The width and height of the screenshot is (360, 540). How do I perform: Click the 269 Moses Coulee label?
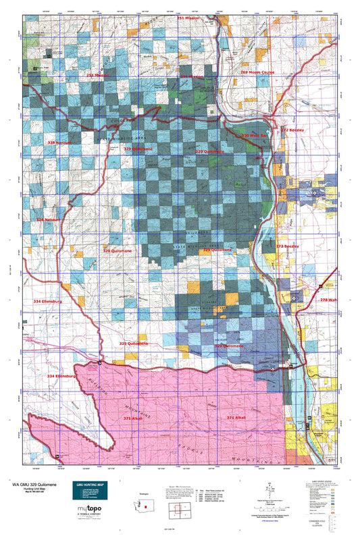256,72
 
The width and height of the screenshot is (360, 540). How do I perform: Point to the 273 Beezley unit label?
287,247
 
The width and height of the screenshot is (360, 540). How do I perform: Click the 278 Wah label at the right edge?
328,300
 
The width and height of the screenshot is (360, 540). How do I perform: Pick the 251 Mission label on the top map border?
190,18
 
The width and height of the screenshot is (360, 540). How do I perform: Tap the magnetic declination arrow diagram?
269,490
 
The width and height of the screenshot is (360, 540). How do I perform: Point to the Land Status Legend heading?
325,481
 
